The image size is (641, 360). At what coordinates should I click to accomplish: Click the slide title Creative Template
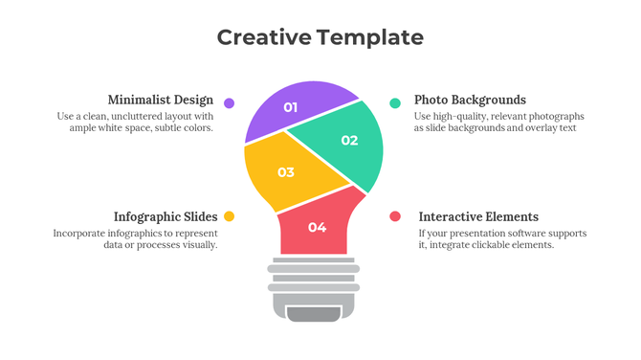pyautogui.click(x=320, y=37)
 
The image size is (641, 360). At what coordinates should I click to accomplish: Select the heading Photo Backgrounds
pyautogui.click(x=470, y=100)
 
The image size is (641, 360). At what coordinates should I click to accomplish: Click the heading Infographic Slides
pyautogui.click(x=166, y=216)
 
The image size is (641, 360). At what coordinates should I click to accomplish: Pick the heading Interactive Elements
pyautogui.click(x=478, y=216)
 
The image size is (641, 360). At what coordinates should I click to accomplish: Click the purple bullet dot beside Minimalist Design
pyautogui.click(x=230, y=102)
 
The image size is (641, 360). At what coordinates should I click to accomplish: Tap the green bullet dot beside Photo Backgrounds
pyautogui.click(x=395, y=102)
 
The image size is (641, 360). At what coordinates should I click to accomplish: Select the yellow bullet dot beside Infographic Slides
pyautogui.click(x=230, y=216)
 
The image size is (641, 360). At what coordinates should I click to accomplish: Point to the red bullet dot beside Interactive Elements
pyautogui.click(x=395, y=216)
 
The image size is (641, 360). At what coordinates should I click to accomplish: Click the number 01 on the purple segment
pyautogui.click(x=291, y=108)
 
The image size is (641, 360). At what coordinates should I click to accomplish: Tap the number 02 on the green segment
pyautogui.click(x=349, y=141)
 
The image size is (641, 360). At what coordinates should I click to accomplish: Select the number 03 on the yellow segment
pyautogui.click(x=285, y=173)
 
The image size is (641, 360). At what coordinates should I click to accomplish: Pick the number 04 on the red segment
pyautogui.click(x=317, y=227)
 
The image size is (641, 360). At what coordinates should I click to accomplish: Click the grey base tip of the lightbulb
pyautogui.click(x=313, y=314)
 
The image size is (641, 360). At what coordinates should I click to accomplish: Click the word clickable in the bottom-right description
pyautogui.click(x=498, y=245)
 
